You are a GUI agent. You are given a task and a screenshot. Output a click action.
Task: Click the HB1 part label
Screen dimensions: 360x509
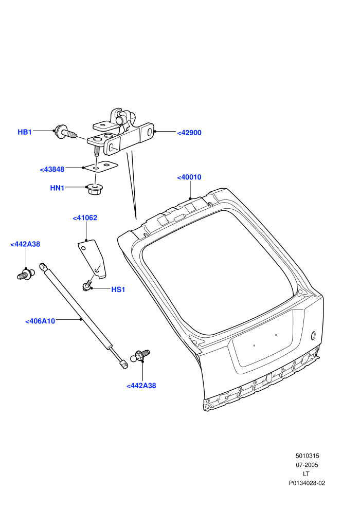click(x=25, y=132)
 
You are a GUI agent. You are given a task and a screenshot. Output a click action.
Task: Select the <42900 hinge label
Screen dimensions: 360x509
click(x=189, y=133)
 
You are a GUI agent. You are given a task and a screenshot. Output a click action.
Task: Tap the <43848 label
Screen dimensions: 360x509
click(x=52, y=170)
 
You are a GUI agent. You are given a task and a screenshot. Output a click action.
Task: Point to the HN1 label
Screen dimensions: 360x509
click(x=58, y=188)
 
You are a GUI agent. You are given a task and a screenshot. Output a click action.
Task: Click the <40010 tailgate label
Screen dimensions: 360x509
click(x=189, y=177)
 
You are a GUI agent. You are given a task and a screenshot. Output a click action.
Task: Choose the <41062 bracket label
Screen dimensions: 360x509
click(x=85, y=218)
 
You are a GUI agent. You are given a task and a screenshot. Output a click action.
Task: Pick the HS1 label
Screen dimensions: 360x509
click(x=118, y=289)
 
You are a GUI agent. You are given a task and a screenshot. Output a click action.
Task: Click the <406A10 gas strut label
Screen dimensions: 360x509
click(x=40, y=321)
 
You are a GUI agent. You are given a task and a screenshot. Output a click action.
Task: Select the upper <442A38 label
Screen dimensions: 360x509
click(x=25, y=244)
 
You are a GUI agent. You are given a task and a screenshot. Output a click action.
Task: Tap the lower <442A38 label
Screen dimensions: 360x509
click(x=141, y=386)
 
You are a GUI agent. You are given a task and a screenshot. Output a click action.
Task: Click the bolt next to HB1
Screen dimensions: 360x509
click(x=66, y=132)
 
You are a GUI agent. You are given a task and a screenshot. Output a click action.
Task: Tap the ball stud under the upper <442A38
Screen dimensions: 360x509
click(x=25, y=275)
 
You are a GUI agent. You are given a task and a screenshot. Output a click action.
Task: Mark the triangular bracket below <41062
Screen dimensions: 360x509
click(x=93, y=259)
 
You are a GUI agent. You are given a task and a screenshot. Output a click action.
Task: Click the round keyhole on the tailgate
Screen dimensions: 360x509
click(x=314, y=335)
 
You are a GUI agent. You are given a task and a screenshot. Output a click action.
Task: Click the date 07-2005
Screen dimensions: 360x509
click(x=307, y=465)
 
